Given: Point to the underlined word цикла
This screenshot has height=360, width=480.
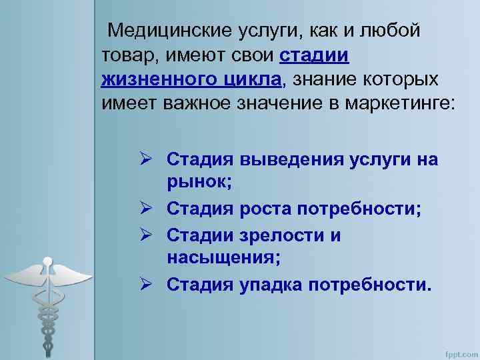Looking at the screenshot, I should coord(250,80).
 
